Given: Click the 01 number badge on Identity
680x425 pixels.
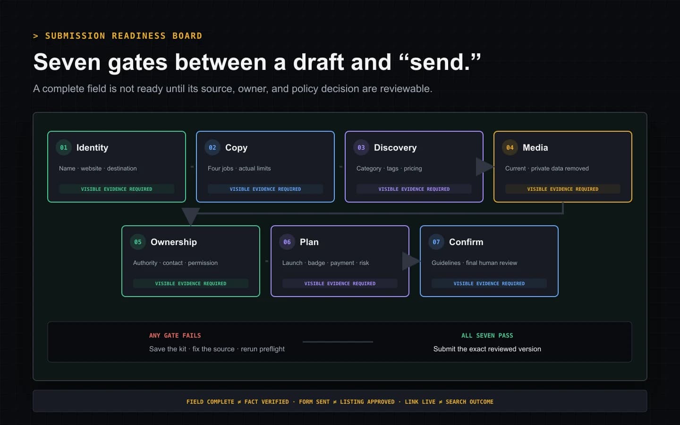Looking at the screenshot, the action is [63, 147].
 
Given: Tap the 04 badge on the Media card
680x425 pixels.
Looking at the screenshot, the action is [510, 147].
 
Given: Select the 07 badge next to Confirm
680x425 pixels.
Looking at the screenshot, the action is [436, 242].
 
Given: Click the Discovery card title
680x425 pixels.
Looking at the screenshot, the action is [395, 147].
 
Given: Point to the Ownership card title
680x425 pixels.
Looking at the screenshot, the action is [174, 242].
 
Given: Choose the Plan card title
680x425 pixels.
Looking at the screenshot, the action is [309, 242].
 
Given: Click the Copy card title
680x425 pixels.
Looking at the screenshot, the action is [236, 148].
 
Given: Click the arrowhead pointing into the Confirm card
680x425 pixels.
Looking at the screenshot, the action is [411, 261].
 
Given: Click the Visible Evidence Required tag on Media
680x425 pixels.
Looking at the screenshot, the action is [562, 189].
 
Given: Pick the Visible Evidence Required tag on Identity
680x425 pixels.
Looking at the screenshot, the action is [117, 189].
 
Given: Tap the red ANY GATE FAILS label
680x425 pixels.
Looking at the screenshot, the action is [175, 335].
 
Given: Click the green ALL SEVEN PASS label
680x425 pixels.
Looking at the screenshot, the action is [487, 335].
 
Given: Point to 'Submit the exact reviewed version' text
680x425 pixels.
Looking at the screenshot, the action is [487, 349].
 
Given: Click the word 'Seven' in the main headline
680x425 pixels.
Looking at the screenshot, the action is [67, 62].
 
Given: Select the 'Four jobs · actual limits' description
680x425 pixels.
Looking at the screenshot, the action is [239, 169].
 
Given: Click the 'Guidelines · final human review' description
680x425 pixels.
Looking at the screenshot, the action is [474, 263].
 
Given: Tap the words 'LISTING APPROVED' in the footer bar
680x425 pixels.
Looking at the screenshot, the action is [367, 401].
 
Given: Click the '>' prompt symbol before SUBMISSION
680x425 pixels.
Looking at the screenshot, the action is [35, 36].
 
